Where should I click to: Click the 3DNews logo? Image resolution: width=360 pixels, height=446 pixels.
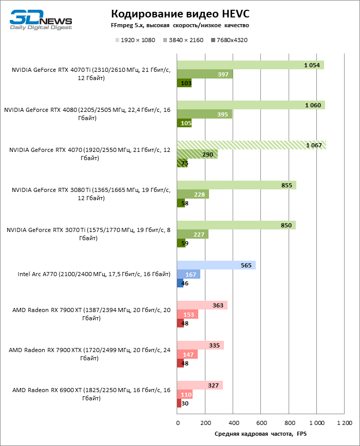coord(40,21)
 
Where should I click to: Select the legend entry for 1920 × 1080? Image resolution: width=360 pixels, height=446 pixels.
coord(135,40)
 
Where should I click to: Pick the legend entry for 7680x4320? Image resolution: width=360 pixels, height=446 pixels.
coord(229,40)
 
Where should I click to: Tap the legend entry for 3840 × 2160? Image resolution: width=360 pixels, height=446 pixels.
coord(183,40)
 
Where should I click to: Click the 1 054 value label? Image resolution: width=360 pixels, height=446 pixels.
coord(312,65)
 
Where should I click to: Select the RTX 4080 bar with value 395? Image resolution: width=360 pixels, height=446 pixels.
coord(204,114)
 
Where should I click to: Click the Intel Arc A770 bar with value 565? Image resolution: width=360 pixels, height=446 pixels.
coord(216,265)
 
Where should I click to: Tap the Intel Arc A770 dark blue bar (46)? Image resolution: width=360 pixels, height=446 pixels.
coord(180,283)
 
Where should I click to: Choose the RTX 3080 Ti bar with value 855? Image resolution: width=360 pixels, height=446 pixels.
coord(236,185)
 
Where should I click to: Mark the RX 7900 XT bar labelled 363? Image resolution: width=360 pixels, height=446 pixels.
coord(202,305)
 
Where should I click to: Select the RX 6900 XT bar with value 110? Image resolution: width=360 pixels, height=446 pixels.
coord(184,395)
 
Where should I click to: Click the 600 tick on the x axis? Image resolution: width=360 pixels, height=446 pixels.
coord(261,423)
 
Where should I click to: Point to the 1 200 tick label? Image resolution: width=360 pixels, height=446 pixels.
coord(344,423)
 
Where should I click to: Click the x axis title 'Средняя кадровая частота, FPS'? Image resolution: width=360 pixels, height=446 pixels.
coord(260,434)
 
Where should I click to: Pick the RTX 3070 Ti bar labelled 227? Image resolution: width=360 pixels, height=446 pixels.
coord(193,235)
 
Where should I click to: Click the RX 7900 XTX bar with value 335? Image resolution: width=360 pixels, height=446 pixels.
coord(200,345)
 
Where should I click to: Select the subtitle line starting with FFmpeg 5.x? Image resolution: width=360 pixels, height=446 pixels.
coord(180,25)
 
